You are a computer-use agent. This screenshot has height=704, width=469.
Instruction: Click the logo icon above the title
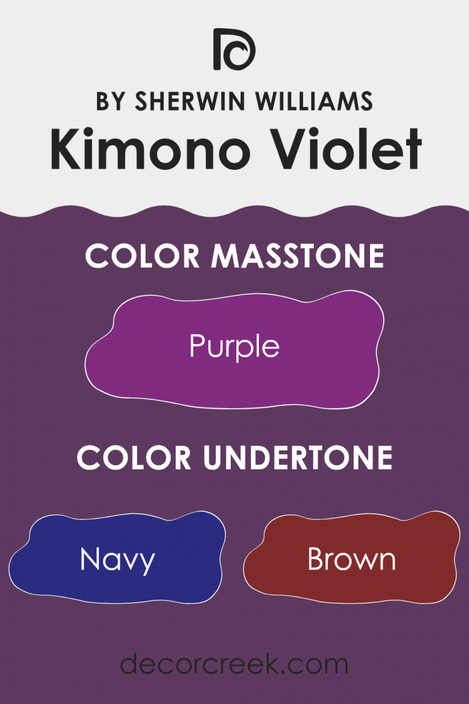tap(234, 49)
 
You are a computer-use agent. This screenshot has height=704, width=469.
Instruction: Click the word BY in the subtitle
tap(110, 101)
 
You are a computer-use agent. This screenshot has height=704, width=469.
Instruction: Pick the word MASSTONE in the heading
tap(297, 256)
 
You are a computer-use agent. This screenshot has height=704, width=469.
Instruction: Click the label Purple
tap(234, 347)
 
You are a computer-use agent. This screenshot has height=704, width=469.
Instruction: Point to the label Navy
tap(117, 560)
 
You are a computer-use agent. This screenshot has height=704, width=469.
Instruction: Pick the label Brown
tap(351, 559)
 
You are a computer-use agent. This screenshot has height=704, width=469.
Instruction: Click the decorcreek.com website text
tap(234, 663)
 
